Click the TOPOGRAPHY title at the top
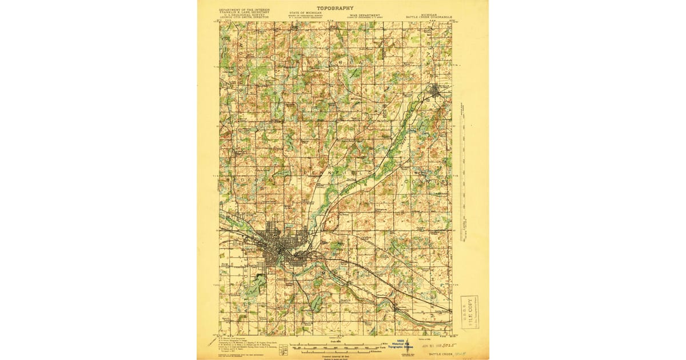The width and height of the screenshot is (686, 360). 336,8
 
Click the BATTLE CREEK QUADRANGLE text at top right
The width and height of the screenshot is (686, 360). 429,17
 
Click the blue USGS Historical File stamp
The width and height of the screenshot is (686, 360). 404,346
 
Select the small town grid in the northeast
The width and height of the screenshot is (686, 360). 438,90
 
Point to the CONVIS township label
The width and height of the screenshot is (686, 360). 423,181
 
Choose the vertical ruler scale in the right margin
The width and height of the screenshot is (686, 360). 462,171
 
